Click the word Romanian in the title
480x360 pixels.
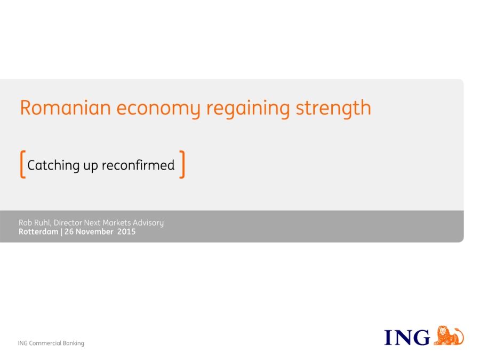pyautogui.click(x=66, y=108)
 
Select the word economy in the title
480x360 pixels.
pyautogui.click(x=158, y=109)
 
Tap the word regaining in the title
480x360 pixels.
pyautogui.click(x=248, y=109)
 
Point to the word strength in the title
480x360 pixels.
pyautogui.click(x=333, y=108)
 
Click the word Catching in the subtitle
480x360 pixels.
pyautogui.click(x=53, y=166)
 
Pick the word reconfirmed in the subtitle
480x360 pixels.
pyautogui.click(x=138, y=165)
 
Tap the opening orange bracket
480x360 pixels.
pyautogui.click(x=22, y=164)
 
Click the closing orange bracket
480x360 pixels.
pyautogui.click(x=182, y=164)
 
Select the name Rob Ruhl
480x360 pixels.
pyautogui.click(x=34, y=222)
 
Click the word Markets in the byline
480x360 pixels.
pyautogui.click(x=117, y=222)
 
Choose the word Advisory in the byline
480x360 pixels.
pyautogui.click(x=148, y=223)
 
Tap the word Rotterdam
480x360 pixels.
pyautogui.click(x=38, y=232)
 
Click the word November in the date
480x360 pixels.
pyautogui.click(x=94, y=232)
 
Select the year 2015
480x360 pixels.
pyautogui.click(x=126, y=232)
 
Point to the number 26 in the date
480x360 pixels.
pyautogui.click(x=69, y=232)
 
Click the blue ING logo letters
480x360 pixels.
pyautogui.click(x=407, y=338)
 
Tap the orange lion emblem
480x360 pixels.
pyautogui.click(x=449, y=335)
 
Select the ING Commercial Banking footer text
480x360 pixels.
pyautogui.click(x=51, y=343)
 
